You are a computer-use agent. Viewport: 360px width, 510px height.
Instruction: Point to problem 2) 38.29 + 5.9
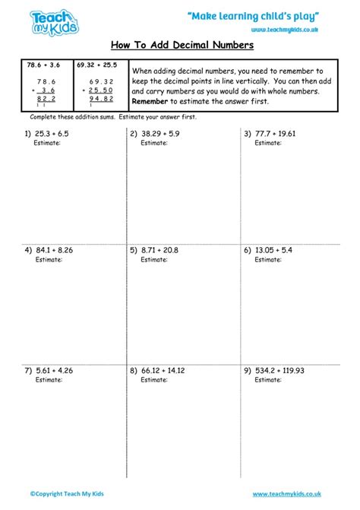[158, 134]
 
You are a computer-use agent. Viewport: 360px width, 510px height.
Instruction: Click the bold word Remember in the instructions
[153, 101]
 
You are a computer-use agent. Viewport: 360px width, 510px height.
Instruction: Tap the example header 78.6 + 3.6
[43, 65]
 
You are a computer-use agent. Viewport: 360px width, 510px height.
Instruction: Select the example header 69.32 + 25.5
[97, 65]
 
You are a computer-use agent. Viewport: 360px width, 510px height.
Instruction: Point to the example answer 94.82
[101, 98]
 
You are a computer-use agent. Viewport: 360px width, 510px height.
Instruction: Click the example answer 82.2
[46, 98]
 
